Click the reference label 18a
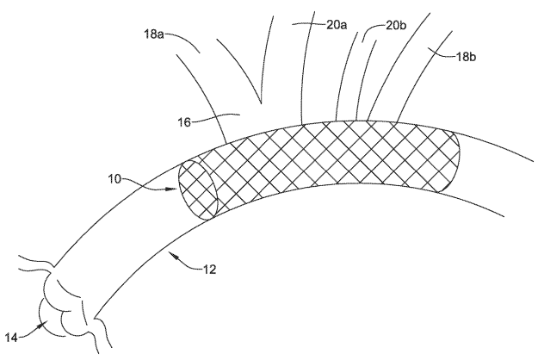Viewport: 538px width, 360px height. point(153,34)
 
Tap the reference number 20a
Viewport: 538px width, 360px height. point(336,25)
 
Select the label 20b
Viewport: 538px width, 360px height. point(396,25)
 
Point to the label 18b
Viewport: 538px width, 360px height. point(466,57)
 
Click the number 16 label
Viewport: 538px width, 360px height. point(184,121)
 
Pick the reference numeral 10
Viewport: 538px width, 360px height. point(115,179)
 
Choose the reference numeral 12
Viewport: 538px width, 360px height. point(210,270)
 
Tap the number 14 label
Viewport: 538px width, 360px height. point(11,338)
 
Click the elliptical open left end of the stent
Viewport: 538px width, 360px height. point(198,189)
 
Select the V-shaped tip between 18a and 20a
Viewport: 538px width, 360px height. point(261,102)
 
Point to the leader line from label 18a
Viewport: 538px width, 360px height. point(182,40)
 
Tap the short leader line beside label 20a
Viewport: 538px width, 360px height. point(308,23)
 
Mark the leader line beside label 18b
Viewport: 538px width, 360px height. point(442,53)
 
